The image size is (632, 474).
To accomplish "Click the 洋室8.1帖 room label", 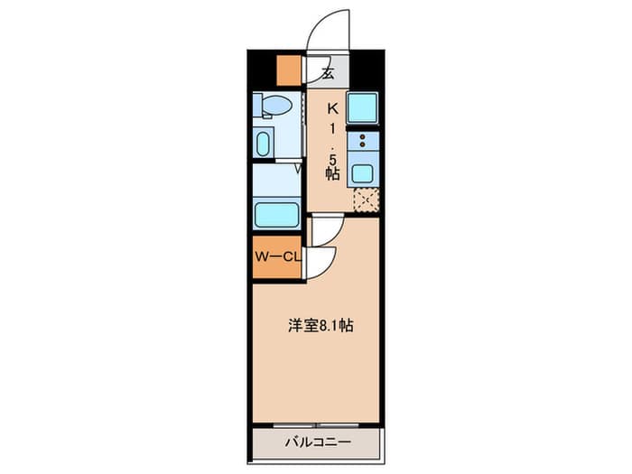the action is [321, 325].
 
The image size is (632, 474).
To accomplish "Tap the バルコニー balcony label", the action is [318, 442].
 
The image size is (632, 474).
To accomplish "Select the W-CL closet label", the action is [278, 257].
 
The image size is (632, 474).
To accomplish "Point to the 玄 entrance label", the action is [328, 73].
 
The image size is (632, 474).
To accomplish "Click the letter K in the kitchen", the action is [332, 108].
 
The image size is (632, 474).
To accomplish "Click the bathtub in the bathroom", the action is [277, 214].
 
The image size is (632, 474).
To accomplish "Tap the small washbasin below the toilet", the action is [263, 144].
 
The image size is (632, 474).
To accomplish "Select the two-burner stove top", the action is [362, 141].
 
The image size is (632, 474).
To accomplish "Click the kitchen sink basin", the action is [362, 173].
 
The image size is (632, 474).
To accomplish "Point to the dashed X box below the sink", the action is [367, 200].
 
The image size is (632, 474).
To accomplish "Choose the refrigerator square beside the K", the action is [362, 107].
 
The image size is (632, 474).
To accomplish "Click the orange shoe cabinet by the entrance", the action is [289, 70].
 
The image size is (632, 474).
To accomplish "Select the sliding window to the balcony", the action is [316, 425].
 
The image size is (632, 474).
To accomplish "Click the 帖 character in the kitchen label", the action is [332, 173].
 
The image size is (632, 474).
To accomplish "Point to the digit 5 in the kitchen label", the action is [332, 159].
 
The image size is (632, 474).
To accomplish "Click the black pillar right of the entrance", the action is [367, 70].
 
